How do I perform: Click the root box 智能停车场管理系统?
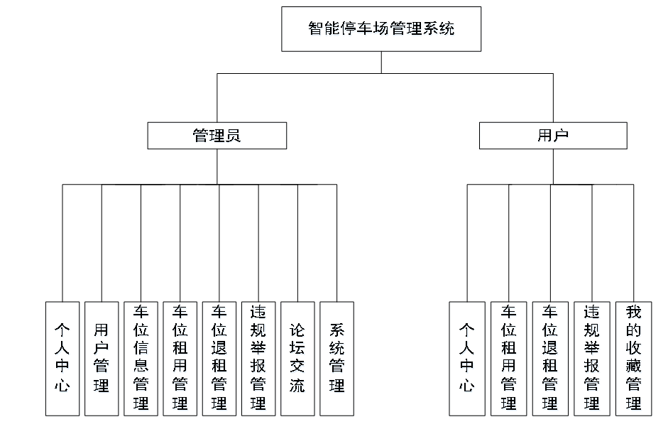381,29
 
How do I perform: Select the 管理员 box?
217,136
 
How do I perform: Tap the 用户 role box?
553,136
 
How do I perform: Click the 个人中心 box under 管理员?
62,359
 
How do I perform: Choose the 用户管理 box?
102,359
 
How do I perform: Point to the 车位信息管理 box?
141,359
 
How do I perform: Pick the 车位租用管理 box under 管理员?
180,359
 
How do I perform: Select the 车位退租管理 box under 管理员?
219,359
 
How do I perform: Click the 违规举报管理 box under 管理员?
258,359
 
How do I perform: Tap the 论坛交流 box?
297,359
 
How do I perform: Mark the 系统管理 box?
336,359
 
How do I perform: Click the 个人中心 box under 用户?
466,359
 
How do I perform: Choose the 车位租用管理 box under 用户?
508,359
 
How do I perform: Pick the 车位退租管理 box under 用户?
550,359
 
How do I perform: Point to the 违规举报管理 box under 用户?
591,359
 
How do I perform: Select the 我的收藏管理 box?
633,359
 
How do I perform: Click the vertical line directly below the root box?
381,63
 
